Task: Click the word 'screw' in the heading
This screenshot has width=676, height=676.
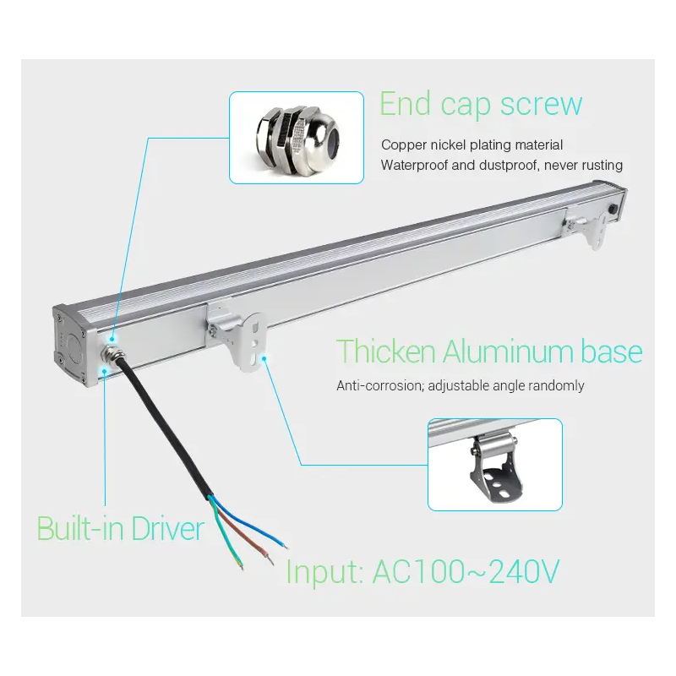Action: pyautogui.click(x=541, y=104)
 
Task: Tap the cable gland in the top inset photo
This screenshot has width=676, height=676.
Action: pyautogui.click(x=297, y=138)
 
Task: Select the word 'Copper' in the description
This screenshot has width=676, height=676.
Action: pyautogui.click(x=404, y=145)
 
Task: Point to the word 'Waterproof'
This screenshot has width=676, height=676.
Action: pyautogui.click(x=414, y=166)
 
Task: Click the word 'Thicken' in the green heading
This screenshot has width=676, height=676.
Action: pyautogui.click(x=386, y=352)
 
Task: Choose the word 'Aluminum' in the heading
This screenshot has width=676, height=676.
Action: pyautogui.click(x=509, y=352)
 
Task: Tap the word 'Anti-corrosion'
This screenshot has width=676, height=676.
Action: pyautogui.click(x=380, y=385)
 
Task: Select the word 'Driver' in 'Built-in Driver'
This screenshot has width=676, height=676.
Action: pyautogui.click(x=167, y=528)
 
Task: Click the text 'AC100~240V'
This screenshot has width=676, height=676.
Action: pyautogui.click(x=466, y=572)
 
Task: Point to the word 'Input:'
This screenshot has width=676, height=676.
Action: pyautogui.click(x=324, y=573)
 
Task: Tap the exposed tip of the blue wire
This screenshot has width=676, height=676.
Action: pyautogui.click(x=285, y=546)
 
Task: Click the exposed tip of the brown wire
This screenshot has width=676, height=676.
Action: pyautogui.click(x=270, y=560)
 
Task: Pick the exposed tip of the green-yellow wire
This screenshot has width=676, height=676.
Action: pyautogui.click(x=241, y=565)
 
